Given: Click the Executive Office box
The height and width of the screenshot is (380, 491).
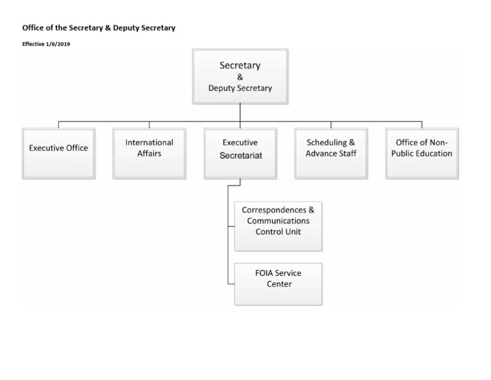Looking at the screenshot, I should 58,153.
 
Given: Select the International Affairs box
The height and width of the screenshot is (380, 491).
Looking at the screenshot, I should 149,153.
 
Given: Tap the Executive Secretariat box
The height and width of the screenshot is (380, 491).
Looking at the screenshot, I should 240,153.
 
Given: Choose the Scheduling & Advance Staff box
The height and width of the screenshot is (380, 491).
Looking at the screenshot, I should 331,153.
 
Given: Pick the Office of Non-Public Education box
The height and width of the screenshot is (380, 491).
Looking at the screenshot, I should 421,153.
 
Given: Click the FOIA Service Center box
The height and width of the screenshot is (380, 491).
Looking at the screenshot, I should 278,283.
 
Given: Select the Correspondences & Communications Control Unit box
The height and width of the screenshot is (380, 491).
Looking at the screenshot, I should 278,226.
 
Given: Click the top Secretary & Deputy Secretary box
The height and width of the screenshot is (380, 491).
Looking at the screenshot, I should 240,77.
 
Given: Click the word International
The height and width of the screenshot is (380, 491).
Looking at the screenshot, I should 149,143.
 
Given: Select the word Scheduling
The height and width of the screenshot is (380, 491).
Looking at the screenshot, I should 325,143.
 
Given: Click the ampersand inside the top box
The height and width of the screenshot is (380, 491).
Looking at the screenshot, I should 240,77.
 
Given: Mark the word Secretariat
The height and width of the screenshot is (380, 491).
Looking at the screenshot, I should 240,154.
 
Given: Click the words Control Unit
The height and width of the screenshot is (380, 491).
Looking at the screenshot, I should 278,232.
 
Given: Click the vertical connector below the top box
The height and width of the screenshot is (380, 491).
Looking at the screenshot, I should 240,112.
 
